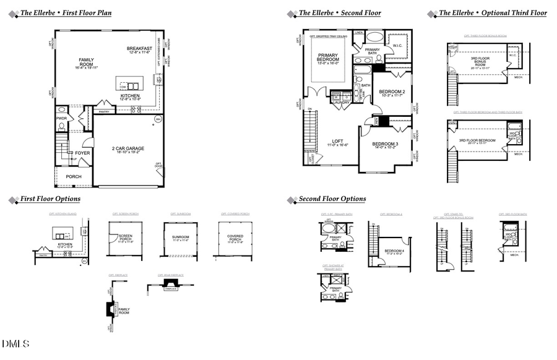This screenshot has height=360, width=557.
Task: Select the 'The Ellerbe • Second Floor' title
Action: point(340,13)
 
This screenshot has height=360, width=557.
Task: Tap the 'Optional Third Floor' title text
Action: point(493,13)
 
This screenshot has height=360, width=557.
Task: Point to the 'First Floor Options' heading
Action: point(50,199)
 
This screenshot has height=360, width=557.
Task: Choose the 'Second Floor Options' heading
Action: point(332,199)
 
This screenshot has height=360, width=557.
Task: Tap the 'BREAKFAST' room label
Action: point(139,49)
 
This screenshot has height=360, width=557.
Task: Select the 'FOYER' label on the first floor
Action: point(82,153)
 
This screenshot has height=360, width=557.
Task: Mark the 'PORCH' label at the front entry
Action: point(74,176)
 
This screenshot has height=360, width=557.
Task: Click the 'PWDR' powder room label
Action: point(61,118)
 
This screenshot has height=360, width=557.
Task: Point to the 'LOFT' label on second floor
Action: point(337,141)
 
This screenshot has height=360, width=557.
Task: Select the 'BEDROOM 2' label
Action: point(391,92)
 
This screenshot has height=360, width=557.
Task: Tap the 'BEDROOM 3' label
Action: point(385,144)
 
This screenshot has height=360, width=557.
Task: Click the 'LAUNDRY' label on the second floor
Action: point(341,103)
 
